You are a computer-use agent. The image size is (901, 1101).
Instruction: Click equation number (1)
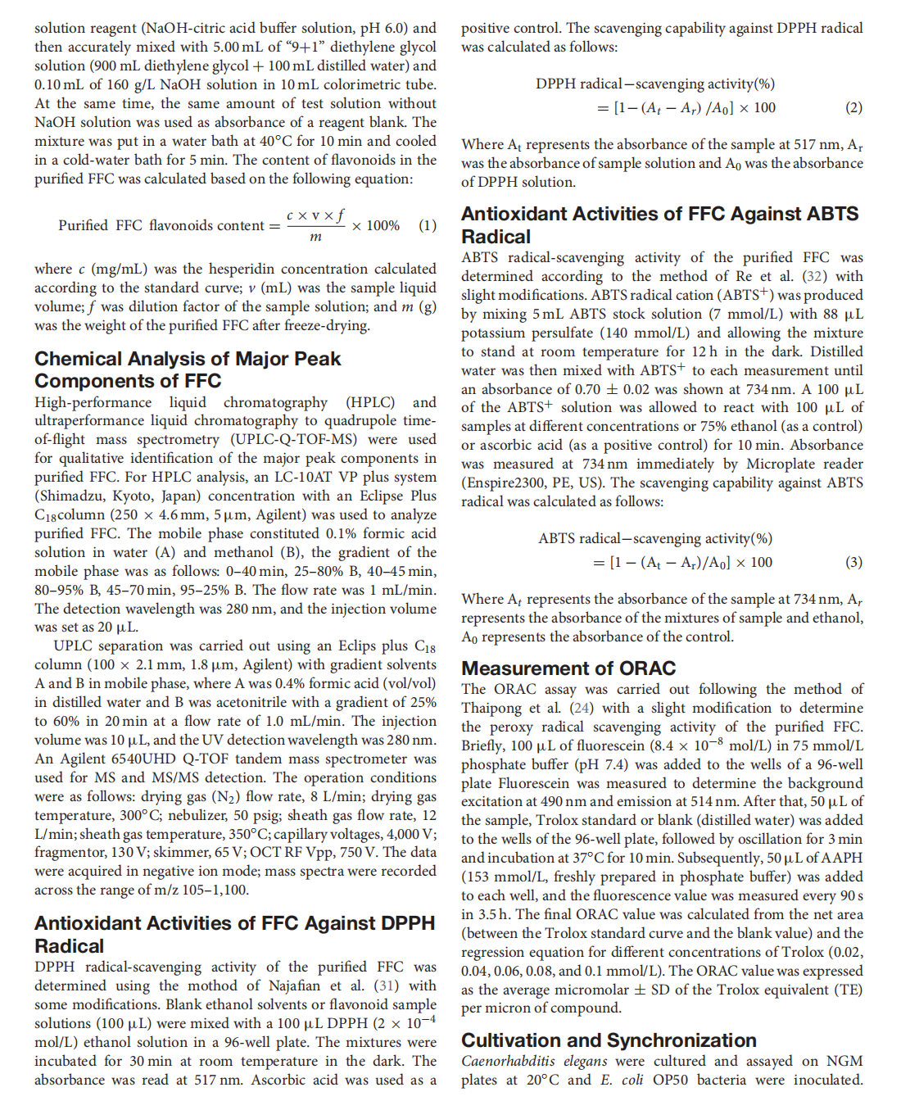pos(428,225)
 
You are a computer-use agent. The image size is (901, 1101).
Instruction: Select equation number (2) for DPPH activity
pos(853,107)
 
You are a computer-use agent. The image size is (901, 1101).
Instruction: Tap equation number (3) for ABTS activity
pos(853,562)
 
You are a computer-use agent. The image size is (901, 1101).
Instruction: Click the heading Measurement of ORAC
pos(568,668)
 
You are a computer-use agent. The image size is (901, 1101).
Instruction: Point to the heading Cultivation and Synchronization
pos(609,1040)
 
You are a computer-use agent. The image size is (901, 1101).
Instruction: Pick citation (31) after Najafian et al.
pos(387,985)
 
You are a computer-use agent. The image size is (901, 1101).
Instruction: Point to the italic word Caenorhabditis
pos(508,1061)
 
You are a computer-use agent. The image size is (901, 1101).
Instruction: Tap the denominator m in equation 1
pos(315,238)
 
